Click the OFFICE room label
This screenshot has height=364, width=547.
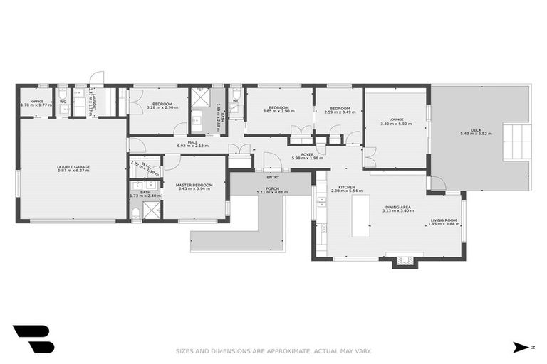37,102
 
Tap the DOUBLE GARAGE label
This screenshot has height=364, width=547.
73,167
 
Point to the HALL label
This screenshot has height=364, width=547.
192,142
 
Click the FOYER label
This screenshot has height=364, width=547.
307,154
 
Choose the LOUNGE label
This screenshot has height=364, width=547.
396,119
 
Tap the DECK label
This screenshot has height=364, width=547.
475,130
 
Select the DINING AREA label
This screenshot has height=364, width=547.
397,207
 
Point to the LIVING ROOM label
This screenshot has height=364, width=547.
443,220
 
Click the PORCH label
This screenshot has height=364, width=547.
272,188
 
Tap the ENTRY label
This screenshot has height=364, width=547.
272,177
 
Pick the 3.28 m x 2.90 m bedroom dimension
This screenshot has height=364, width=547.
162,107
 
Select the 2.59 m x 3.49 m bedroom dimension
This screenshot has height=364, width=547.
339,112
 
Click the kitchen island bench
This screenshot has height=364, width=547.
362,216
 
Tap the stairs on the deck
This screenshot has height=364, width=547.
517,141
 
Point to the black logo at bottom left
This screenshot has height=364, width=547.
33,339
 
